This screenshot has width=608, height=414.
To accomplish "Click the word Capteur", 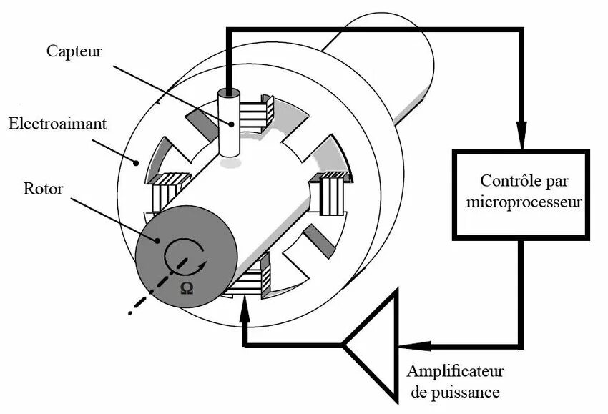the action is (74, 52).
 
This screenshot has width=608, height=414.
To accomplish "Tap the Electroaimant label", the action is (57, 124).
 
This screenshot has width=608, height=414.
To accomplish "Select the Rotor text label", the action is (43, 189).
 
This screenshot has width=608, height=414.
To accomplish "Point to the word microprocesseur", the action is (524, 202).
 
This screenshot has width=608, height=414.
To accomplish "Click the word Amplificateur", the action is (455, 371).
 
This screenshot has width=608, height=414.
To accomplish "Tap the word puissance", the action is (466, 393).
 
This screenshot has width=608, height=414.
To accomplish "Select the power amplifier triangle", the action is (371, 345).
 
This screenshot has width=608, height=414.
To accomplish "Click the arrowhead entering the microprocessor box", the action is (522, 135).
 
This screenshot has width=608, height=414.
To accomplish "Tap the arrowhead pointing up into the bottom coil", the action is (245, 309).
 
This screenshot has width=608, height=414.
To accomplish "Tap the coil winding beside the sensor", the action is (255, 113).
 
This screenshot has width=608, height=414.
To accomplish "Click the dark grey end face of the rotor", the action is (187, 256).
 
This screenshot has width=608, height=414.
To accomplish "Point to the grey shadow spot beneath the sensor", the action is (231, 164).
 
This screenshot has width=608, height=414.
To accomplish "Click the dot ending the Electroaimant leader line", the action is (136, 163).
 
